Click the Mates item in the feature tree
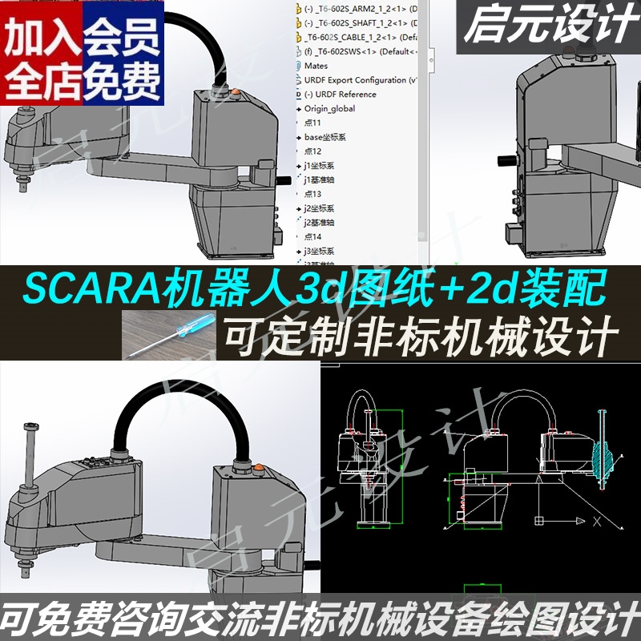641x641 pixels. [316, 65]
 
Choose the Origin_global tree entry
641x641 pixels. [329, 108]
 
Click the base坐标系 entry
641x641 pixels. [324, 137]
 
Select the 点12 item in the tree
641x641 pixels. [313, 151]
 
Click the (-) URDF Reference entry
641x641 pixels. [340, 94]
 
